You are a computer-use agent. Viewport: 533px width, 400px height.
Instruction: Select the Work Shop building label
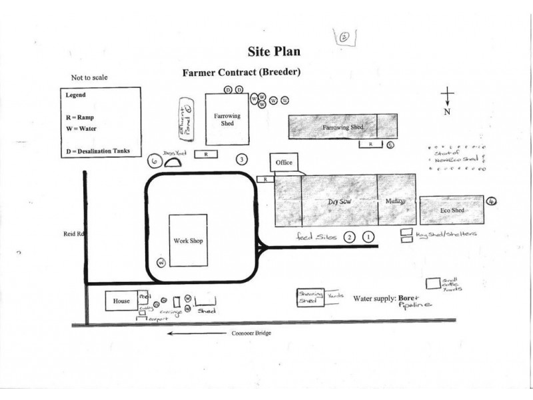click(x=187, y=240)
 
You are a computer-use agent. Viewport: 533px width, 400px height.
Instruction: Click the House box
click(x=121, y=301)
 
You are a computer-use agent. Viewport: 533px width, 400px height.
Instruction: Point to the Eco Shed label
click(x=451, y=210)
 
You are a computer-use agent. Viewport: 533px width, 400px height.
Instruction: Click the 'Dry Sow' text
click(x=339, y=201)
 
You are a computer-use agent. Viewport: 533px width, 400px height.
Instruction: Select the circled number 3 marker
click(x=243, y=159)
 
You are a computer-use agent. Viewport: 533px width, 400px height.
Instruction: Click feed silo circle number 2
click(x=348, y=237)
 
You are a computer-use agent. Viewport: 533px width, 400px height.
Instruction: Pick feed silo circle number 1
click(x=368, y=237)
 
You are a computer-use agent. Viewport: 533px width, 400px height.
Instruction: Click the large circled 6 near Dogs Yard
click(x=153, y=161)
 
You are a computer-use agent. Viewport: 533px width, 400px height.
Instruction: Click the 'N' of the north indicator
click(x=448, y=112)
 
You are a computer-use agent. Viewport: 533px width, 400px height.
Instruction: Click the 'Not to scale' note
click(x=89, y=77)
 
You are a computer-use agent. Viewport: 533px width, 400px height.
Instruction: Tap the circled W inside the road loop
click(x=161, y=262)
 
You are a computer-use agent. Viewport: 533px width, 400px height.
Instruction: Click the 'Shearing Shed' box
click(x=310, y=297)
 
